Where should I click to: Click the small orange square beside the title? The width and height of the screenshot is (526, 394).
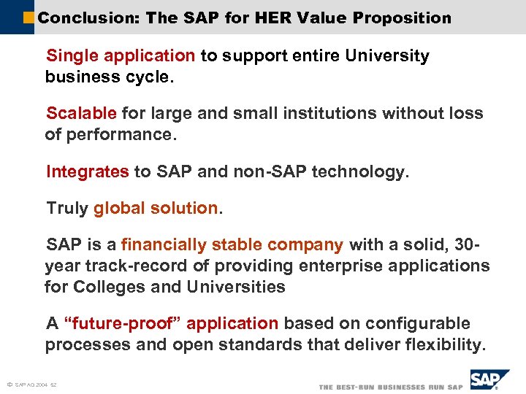[x=29, y=18]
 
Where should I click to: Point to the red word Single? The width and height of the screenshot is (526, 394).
[x=72, y=55]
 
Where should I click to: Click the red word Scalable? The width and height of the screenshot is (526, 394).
[x=81, y=113]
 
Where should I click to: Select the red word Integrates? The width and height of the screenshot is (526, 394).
[x=87, y=171]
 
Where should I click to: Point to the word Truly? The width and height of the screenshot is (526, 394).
[x=67, y=208]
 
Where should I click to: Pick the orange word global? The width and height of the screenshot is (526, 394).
[x=120, y=208]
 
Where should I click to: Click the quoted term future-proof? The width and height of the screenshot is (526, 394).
[x=119, y=323]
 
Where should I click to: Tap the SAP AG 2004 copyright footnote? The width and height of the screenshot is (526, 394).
[x=32, y=385]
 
